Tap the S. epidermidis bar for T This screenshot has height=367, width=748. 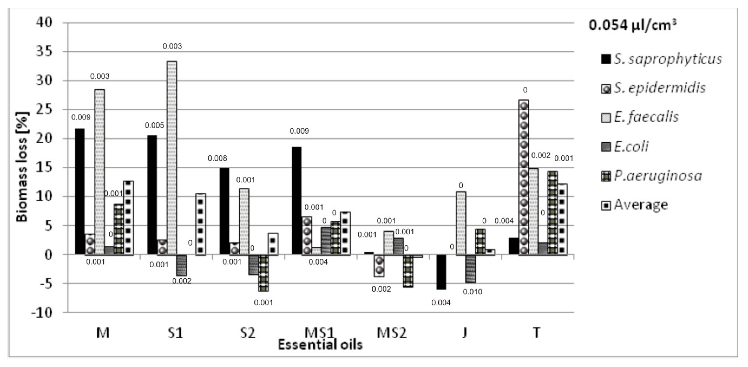coord(524,177)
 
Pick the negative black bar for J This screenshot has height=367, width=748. coord(441,272)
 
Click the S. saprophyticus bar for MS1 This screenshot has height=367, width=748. coord(296,201)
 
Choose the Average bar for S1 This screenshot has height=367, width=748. coord(200,224)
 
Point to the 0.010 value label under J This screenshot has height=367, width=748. coord(472,292)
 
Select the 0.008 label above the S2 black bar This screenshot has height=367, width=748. coord(217,158)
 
